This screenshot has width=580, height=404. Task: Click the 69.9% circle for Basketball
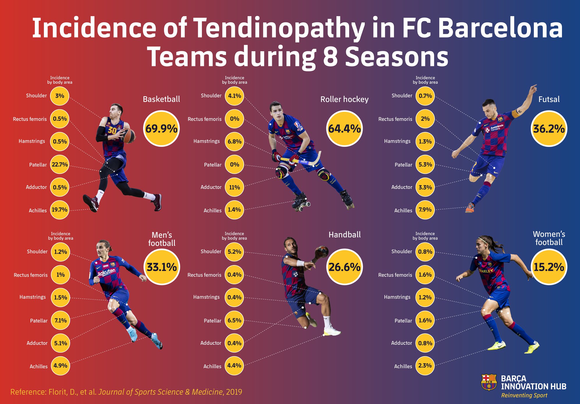click(x=161, y=128)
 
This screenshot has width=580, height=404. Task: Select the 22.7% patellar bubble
click(x=60, y=165)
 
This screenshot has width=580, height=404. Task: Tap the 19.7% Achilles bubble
click(x=60, y=210)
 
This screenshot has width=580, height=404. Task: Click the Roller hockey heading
click(x=344, y=99)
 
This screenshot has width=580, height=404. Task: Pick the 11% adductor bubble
click(x=234, y=187)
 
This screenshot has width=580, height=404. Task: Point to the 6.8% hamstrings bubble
click(x=234, y=142)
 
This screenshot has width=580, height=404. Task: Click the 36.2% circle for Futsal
click(x=549, y=128)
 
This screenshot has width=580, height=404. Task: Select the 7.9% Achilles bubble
click(x=425, y=210)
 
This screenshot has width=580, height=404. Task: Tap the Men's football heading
click(x=162, y=239)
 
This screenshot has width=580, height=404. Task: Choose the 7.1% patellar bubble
click(x=61, y=320)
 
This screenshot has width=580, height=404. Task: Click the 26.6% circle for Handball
click(x=344, y=267)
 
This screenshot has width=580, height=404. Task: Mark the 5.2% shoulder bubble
click(x=234, y=252)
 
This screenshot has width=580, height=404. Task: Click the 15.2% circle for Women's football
click(x=549, y=267)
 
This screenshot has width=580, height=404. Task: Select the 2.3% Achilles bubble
click(x=425, y=366)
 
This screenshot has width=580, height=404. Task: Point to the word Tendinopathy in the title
click(x=279, y=28)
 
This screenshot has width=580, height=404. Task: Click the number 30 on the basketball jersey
click(x=112, y=130)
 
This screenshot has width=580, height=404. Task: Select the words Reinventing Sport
click(x=524, y=395)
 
